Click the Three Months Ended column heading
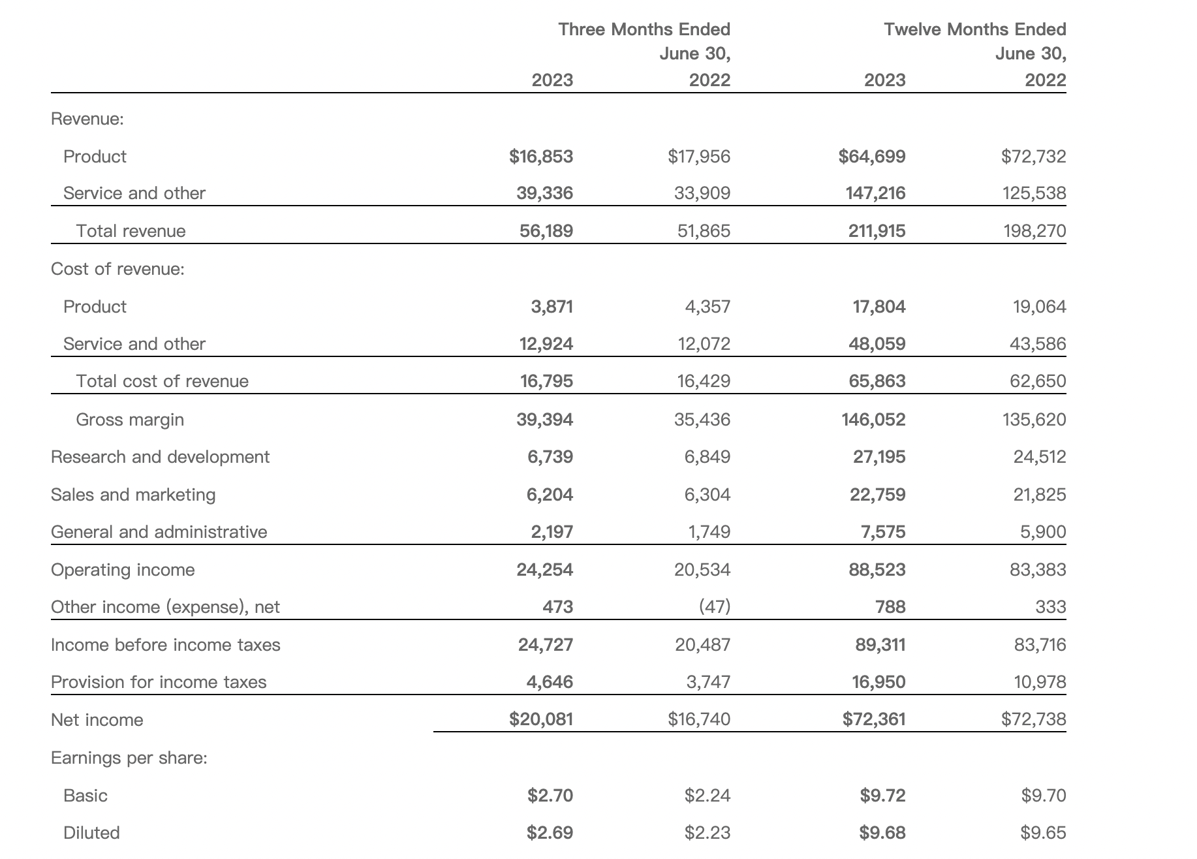644,29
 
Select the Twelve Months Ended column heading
975,29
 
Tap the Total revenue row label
131,231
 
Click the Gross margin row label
130,420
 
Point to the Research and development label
160,457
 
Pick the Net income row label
97,720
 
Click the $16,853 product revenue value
541,157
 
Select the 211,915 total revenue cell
877,231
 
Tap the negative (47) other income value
715,607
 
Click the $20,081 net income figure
541,719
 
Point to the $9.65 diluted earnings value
1044,833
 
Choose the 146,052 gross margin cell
873,420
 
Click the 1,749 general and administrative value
709,533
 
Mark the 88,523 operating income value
877,570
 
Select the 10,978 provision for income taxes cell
1040,683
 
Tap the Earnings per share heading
129,758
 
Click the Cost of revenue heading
117,269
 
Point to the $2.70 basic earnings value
550,796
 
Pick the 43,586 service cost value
1038,344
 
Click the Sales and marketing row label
133,495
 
